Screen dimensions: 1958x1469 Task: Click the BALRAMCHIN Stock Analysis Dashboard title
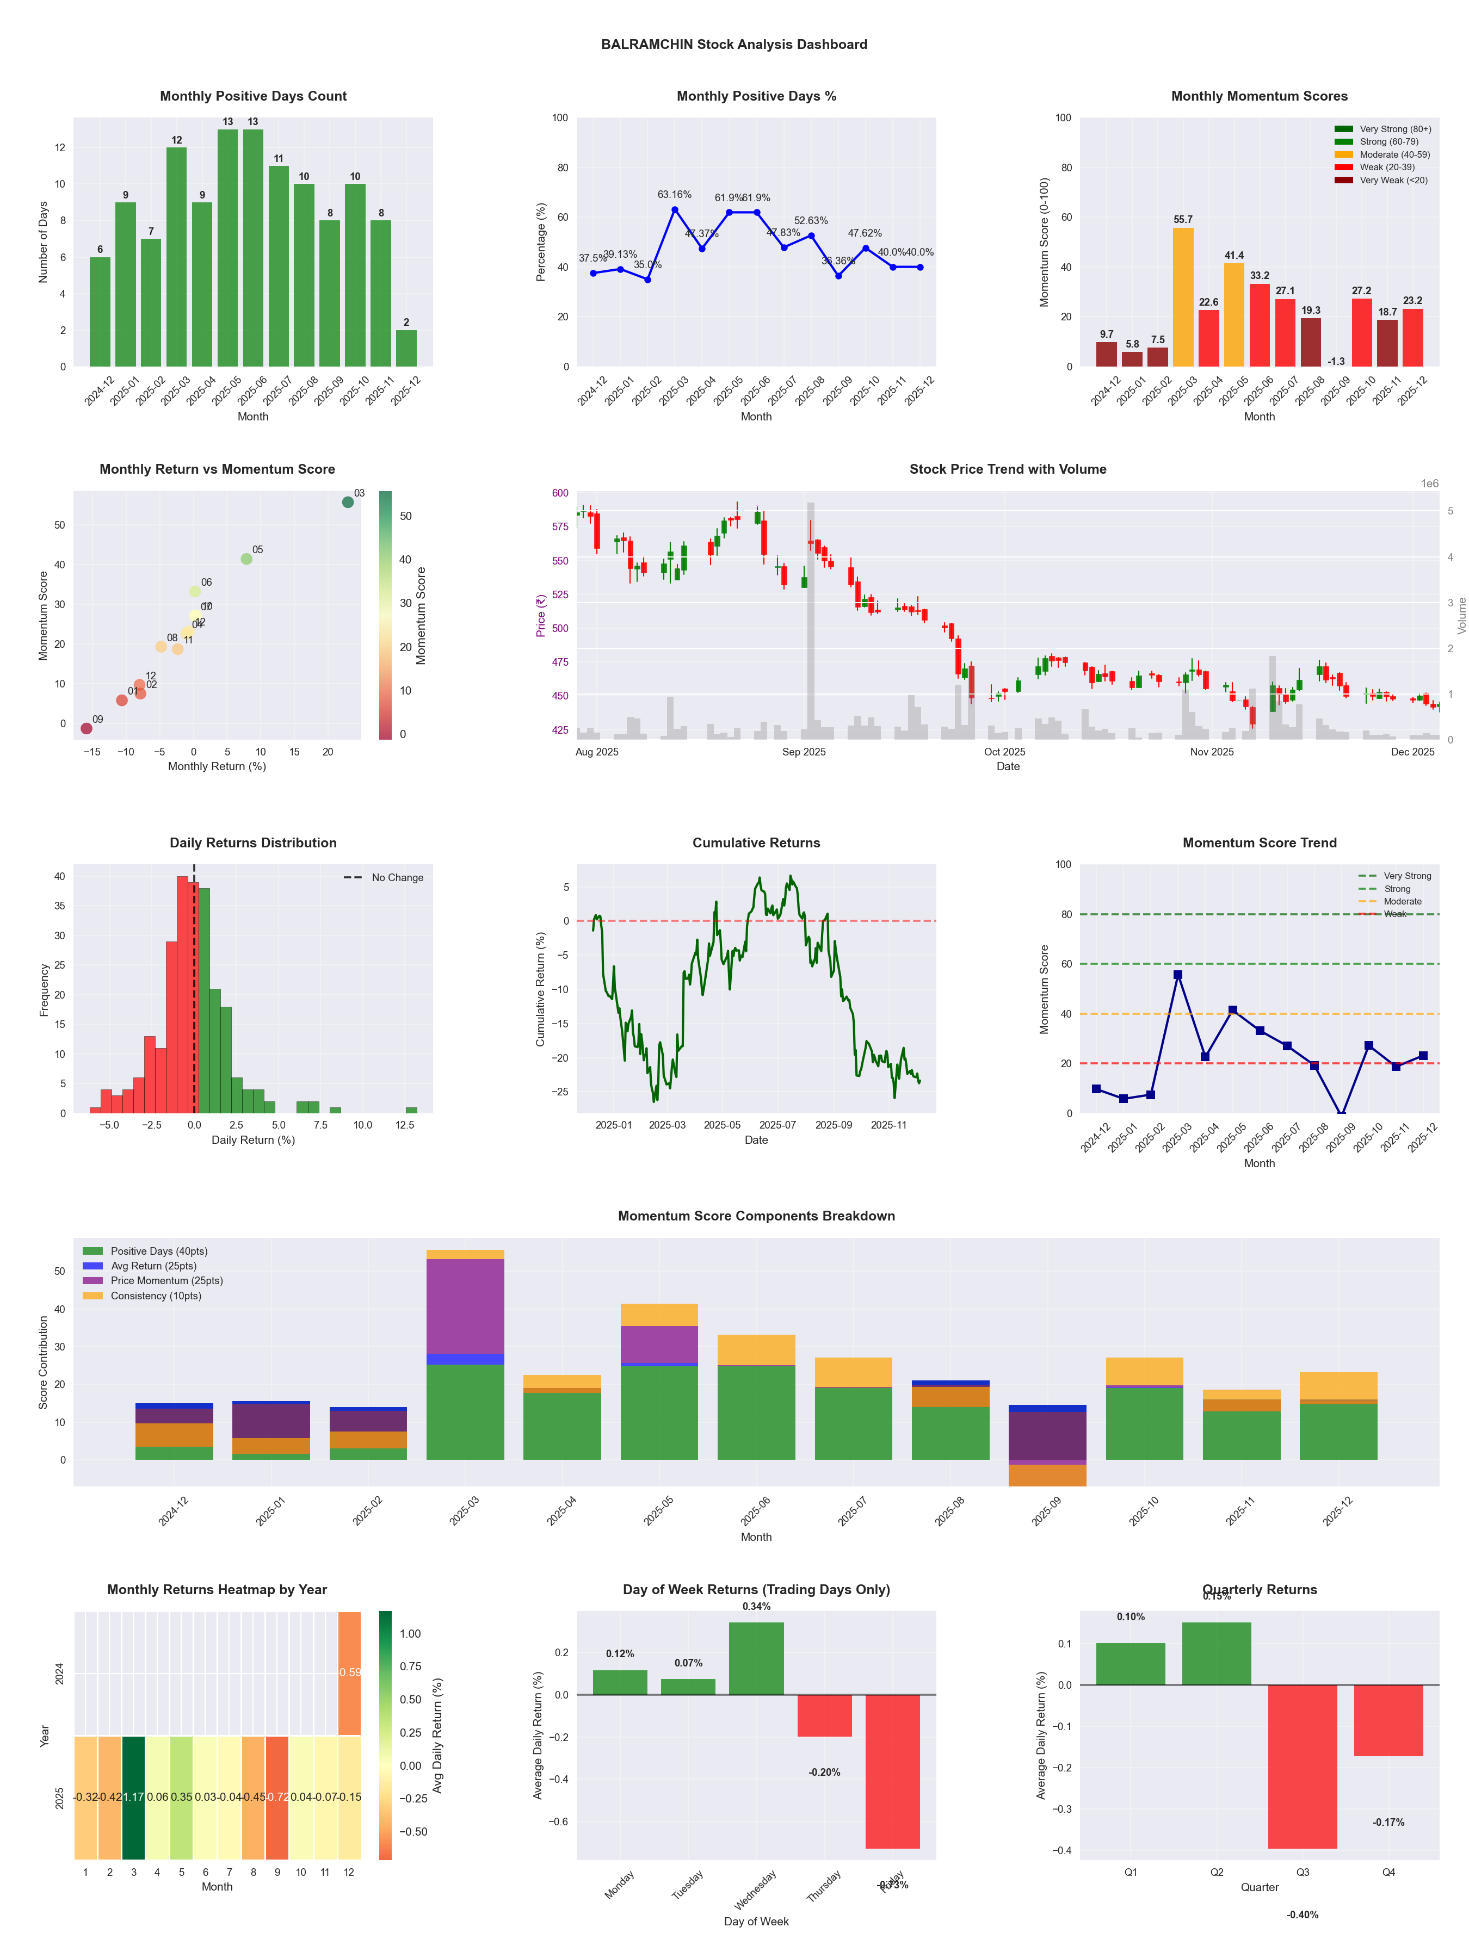tap(734, 44)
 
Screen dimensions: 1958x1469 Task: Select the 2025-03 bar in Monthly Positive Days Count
tap(176, 257)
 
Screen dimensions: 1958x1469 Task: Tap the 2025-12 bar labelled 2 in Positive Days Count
tap(406, 348)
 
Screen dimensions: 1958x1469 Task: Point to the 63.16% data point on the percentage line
tap(675, 210)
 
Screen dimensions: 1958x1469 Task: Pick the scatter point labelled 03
tap(348, 502)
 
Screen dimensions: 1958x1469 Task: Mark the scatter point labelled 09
tap(86, 728)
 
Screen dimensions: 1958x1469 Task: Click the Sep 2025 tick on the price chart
tap(804, 752)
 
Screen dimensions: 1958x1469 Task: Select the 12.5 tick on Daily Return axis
tap(405, 1125)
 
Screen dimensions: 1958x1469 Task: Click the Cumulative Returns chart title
tap(756, 842)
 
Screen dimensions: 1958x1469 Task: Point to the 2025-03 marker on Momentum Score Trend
tap(1178, 975)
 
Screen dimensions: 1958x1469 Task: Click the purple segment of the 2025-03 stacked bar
tap(465, 1306)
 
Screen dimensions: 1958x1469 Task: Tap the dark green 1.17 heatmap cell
tap(134, 1797)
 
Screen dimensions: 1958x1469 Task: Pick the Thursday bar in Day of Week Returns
tap(824, 1715)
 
